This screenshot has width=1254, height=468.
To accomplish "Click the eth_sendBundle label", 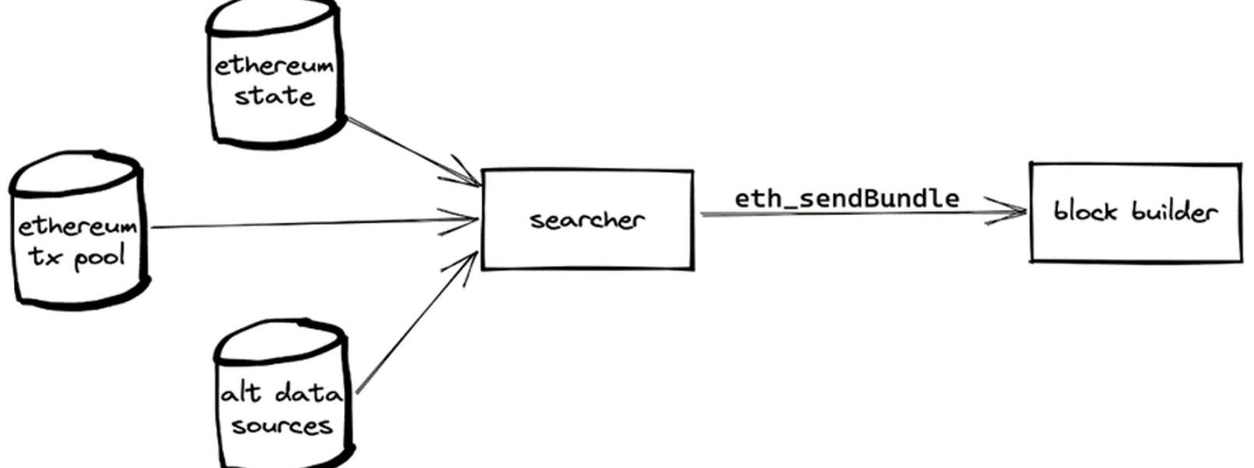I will [847, 198].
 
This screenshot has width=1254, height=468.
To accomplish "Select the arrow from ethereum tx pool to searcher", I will [311, 224].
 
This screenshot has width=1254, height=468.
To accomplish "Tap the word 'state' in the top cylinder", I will [274, 97].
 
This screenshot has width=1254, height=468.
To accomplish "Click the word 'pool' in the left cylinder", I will [99, 258].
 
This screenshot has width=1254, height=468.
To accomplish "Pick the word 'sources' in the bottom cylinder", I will [281, 426].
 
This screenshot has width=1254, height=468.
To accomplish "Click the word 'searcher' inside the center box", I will [587, 220].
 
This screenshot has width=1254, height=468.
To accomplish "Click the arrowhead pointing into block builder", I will [1016, 211].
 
